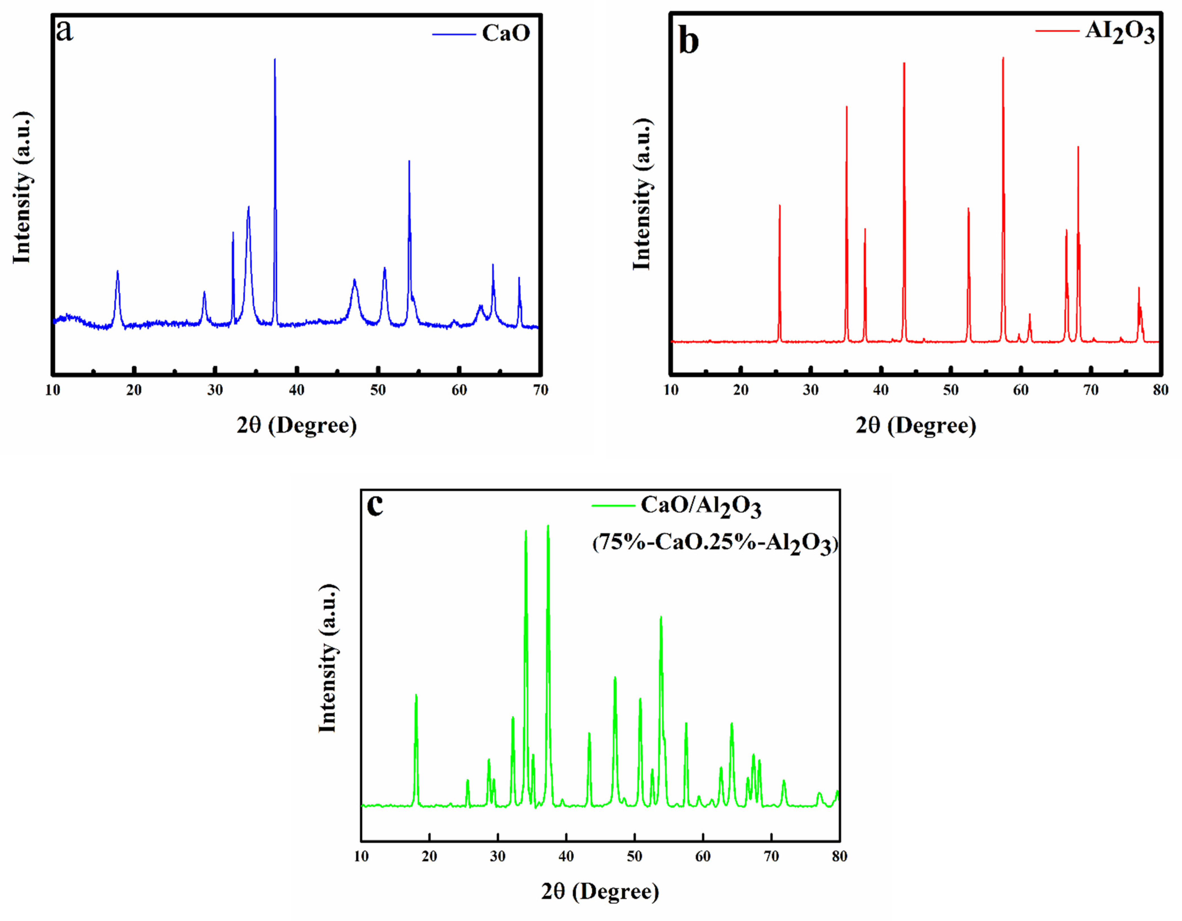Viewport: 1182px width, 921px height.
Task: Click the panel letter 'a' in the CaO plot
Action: coord(65,31)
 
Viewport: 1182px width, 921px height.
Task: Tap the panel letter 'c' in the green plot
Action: coord(375,505)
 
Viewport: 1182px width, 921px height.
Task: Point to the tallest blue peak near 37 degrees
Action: coord(275,59)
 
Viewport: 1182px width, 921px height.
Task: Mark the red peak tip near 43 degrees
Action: coord(904,63)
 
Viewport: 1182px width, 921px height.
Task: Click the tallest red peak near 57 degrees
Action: coord(1003,58)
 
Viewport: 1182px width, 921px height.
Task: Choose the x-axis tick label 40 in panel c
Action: coord(566,856)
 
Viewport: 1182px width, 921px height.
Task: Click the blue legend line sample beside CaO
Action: coord(454,34)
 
